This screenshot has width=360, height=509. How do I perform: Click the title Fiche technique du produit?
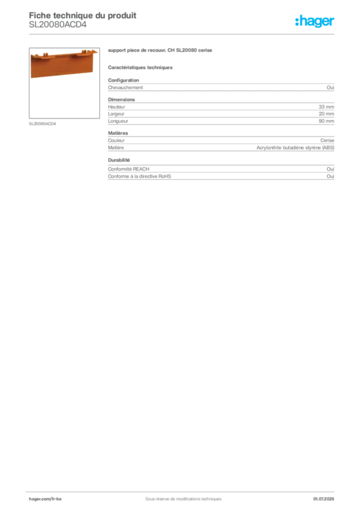click(83, 15)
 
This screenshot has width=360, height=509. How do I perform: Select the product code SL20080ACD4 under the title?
click(58, 25)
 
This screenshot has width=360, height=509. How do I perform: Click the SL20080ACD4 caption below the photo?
click(42, 124)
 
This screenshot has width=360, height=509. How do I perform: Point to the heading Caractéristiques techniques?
click(140, 68)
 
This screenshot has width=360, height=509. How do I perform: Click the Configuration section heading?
click(123, 80)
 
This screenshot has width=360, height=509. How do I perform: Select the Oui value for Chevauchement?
click(330, 87)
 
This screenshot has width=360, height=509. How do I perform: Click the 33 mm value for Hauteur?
click(326, 107)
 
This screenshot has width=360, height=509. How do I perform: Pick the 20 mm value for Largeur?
click(326, 114)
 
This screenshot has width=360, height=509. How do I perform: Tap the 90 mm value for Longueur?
click(326, 121)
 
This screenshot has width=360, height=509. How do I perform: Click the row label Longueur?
click(118, 121)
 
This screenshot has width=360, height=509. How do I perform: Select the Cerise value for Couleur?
click(327, 141)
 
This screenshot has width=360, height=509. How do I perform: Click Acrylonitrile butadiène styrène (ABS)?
click(295, 148)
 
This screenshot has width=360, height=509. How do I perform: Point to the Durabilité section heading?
click(119, 160)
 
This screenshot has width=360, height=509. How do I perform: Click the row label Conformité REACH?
click(129, 169)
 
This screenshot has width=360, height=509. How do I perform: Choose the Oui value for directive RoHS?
click(330, 176)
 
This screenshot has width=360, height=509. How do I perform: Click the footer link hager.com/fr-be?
click(45, 499)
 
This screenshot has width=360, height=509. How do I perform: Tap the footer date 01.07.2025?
click(324, 499)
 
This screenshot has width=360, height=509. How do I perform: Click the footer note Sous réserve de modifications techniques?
click(183, 499)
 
